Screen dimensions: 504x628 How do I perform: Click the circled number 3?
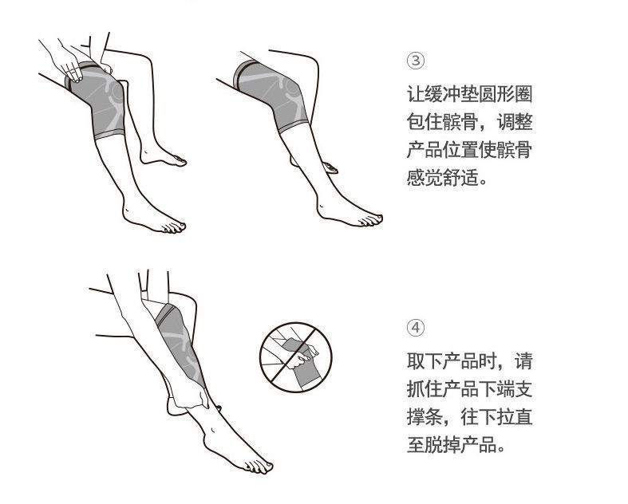(x=416, y=61)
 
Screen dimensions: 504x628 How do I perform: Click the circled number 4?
(x=416, y=328)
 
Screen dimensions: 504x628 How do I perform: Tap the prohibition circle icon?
(x=292, y=356)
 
